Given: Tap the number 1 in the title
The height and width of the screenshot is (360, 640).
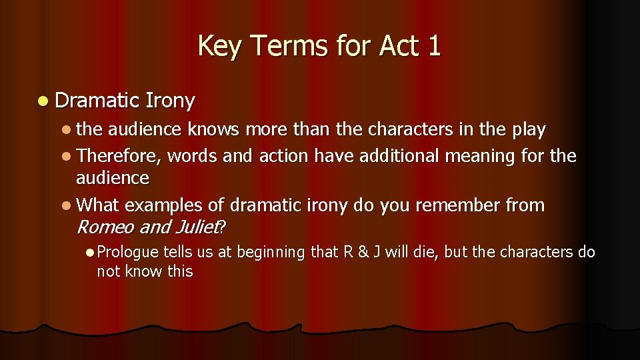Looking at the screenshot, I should click(x=434, y=47).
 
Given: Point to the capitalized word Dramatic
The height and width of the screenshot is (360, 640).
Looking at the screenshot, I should click(x=96, y=101).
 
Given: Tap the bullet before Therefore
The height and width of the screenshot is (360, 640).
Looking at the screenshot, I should click(x=69, y=157).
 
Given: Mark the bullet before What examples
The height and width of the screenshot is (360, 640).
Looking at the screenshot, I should click(x=69, y=205).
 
